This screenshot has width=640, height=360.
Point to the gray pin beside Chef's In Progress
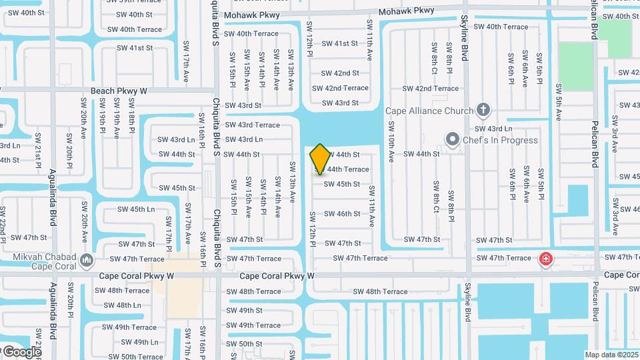click(x=453, y=140)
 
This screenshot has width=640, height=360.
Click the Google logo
click(x=21, y=351)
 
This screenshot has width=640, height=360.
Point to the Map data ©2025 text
click(x=611, y=355)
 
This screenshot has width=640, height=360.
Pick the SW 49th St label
click(x=244, y=310)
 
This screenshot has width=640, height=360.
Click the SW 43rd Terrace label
click(x=252, y=125)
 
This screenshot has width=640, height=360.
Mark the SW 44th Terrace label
click(x=343, y=169)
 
